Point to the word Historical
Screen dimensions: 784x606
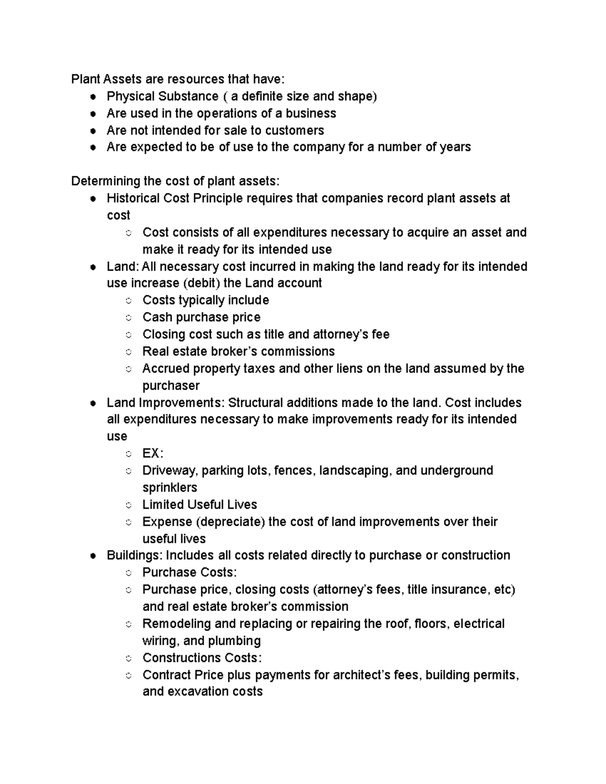133,198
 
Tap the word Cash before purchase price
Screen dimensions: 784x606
157,317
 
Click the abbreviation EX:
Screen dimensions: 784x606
153,453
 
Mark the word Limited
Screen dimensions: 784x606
163,504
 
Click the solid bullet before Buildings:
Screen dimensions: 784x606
93,556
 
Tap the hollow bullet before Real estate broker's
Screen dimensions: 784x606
129,352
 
